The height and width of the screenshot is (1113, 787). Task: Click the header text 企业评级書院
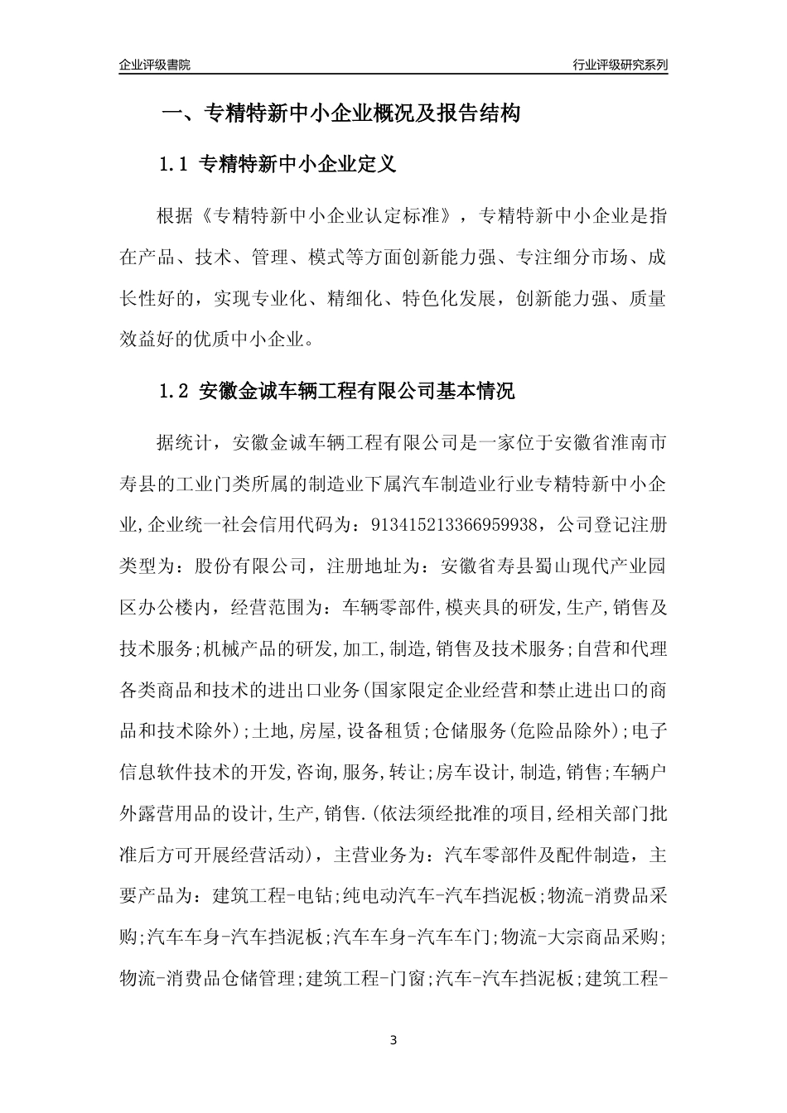pos(155,65)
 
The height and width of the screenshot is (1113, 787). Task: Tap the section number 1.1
pos(176,165)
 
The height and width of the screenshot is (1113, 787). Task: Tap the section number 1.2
pos(176,391)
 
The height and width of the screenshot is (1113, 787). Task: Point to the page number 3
pos(393,1039)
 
